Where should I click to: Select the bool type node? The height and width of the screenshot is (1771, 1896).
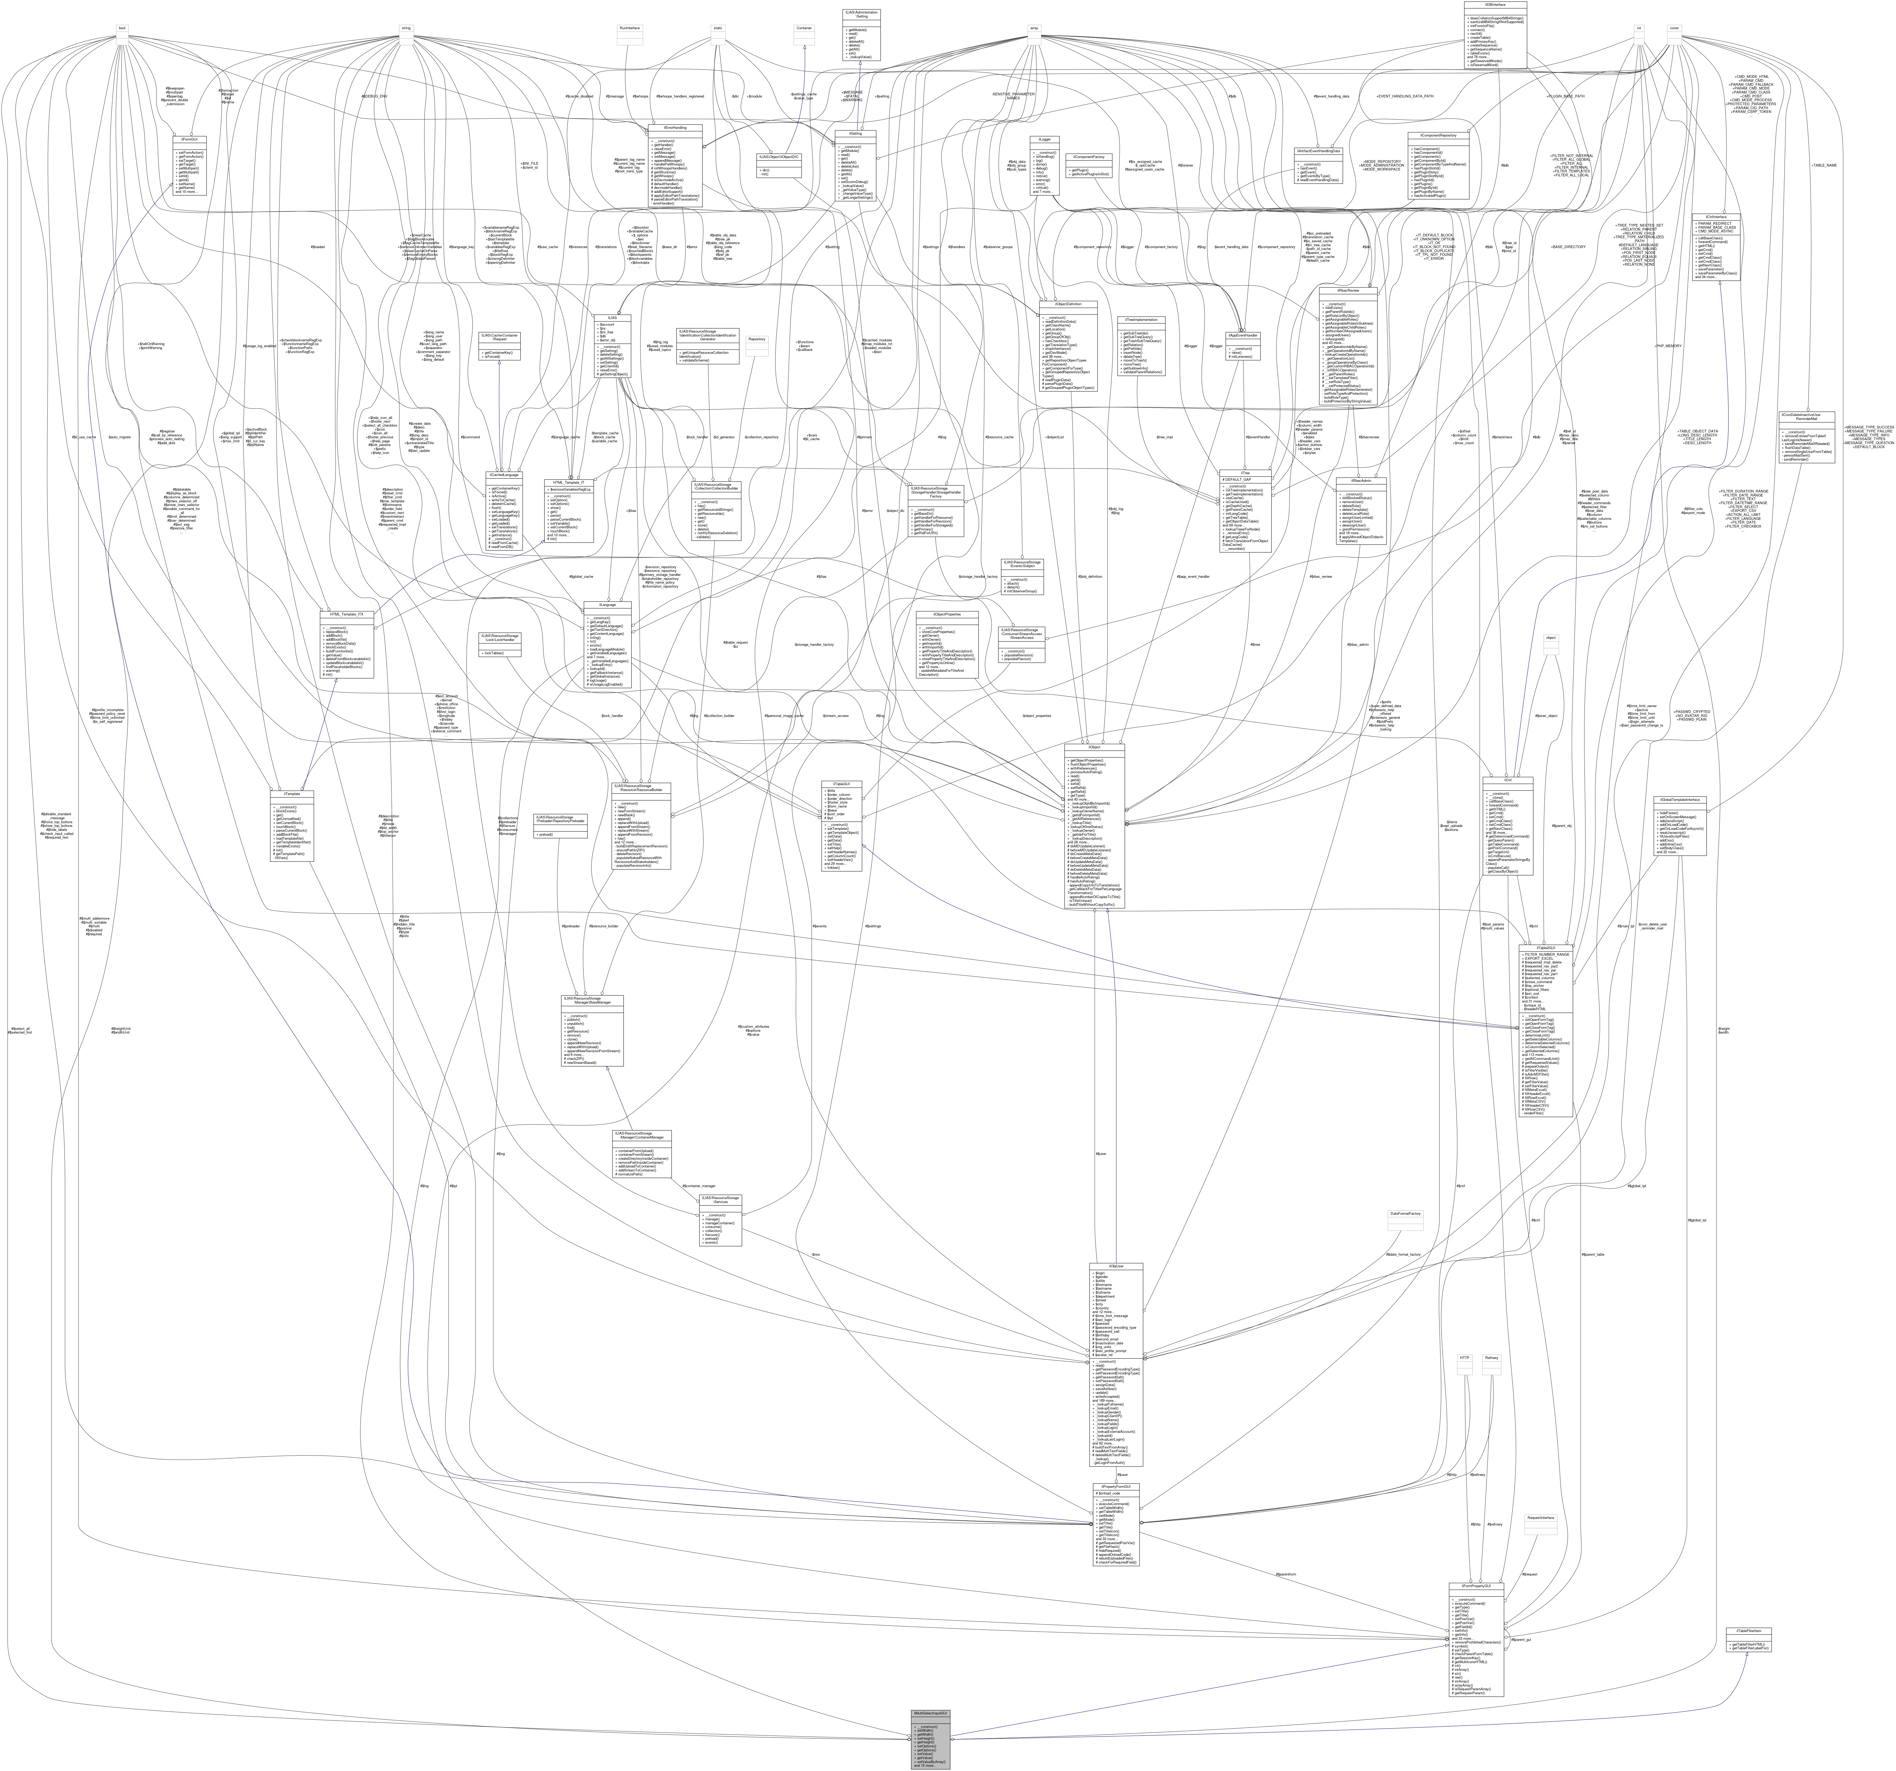pos(122,28)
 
